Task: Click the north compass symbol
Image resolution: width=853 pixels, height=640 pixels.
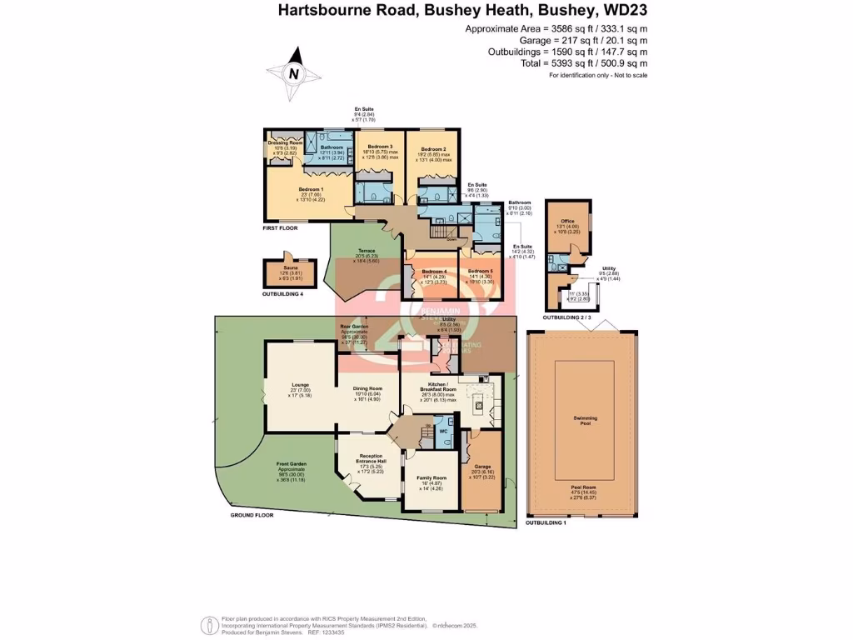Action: (292, 72)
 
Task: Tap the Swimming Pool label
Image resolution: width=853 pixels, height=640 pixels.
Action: (584, 418)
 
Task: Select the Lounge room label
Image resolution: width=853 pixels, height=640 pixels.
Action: (300, 385)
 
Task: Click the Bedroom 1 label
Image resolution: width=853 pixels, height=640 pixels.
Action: (310, 189)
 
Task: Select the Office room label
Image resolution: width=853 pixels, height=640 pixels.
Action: (567, 222)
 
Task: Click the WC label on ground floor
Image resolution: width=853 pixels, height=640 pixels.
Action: (443, 431)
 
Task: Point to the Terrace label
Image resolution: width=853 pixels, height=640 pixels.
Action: (367, 251)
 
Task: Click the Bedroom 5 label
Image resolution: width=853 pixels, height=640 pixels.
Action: (480, 272)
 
